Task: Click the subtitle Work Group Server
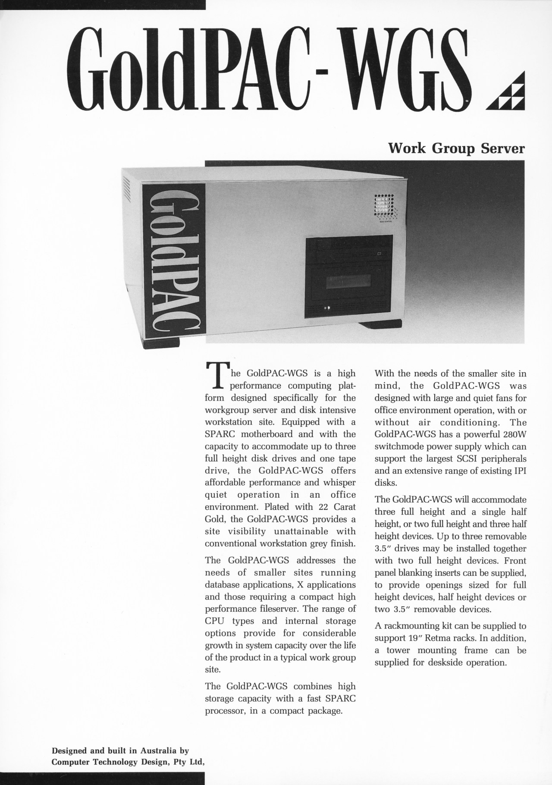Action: (x=457, y=149)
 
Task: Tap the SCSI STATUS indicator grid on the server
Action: (x=384, y=207)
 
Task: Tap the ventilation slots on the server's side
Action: (x=127, y=190)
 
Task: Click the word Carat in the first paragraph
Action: (x=344, y=507)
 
